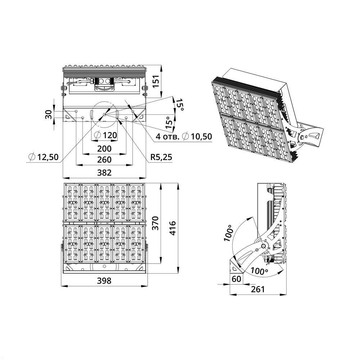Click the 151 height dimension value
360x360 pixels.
[x=156, y=81]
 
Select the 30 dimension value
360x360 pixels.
[x=48, y=114]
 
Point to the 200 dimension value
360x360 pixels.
[x=104, y=149]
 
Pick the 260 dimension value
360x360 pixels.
[x=104, y=159]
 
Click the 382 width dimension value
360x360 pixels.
[x=104, y=172]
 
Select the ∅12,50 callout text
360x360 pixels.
[x=44, y=157]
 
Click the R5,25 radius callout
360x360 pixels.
[x=161, y=157]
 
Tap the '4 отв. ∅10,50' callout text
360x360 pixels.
[x=184, y=136]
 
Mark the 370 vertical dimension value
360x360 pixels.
[x=156, y=223]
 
